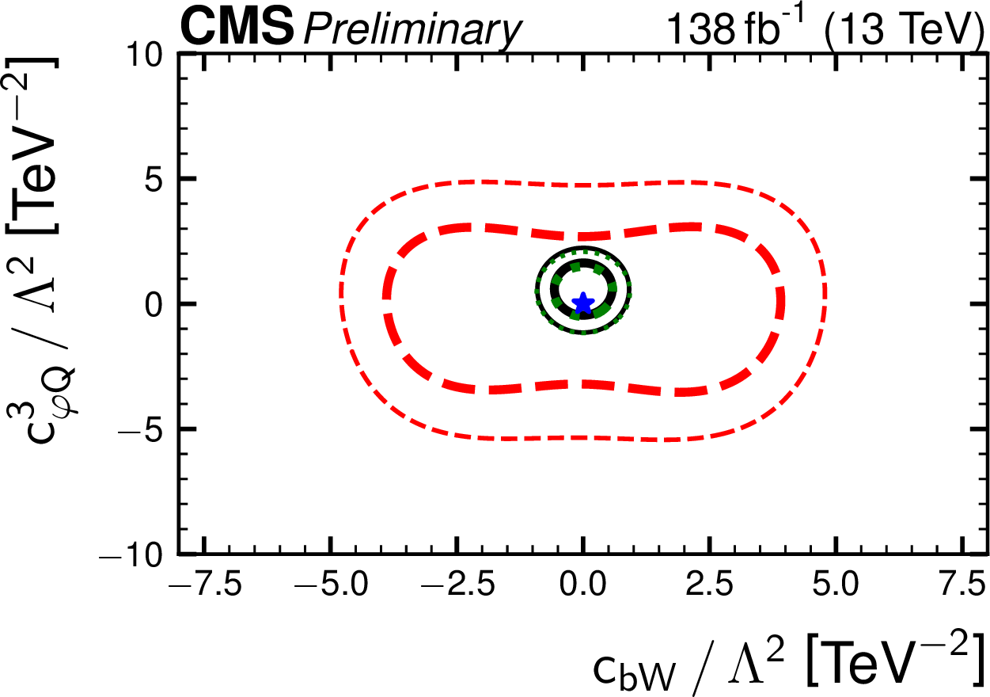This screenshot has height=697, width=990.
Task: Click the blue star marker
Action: [x=583, y=303]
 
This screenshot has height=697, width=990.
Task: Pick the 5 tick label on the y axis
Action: [x=154, y=180]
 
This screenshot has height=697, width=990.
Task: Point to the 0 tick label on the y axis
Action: [x=154, y=305]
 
